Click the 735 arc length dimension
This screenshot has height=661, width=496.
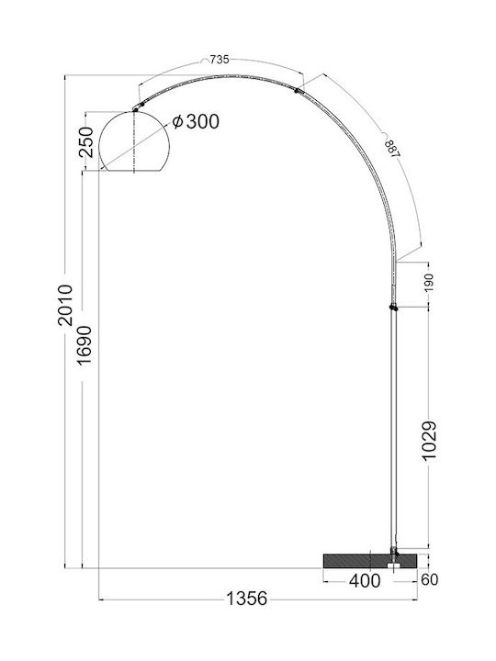[x=220, y=60]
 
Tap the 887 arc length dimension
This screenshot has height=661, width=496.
[x=392, y=149]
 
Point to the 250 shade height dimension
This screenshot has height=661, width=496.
[x=86, y=141]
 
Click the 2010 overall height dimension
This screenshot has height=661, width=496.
[x=65, y=305]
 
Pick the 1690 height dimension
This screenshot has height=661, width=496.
[x=84, y=346]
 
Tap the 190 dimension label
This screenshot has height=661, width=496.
[x=428, y=283]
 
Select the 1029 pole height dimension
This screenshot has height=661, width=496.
[x=429, y=441]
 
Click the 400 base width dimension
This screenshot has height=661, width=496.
[x=365, y=581]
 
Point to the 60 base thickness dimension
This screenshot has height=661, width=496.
[x=429, y=580]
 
